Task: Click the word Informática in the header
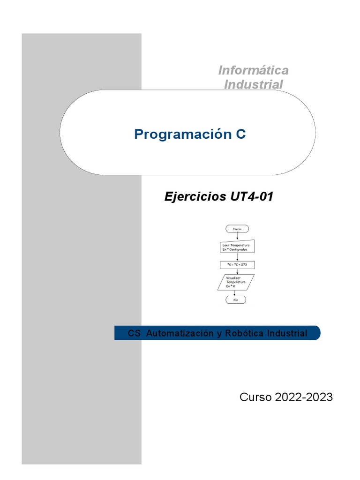253,70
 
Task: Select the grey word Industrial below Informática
253,85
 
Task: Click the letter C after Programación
240,135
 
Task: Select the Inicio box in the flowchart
237,229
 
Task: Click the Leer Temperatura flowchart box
237,247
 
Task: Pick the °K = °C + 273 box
237,265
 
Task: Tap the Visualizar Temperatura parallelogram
237,283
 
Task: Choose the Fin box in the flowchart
235,300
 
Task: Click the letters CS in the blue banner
134,333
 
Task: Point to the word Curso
255,397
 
